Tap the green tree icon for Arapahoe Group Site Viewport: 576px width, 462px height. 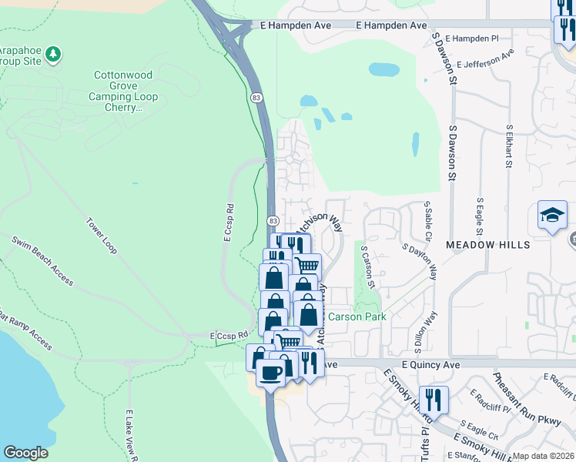tap(53, 54)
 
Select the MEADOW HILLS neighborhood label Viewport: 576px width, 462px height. tap(487, 244)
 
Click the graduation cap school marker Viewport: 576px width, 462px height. tap(552, 216)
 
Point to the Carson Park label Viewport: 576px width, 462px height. tap(357, 316)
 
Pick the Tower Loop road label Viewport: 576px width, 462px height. tap(100, 235)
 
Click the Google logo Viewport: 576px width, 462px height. tap(25, 453)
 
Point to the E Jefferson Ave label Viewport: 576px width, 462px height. tap(485, 59)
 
